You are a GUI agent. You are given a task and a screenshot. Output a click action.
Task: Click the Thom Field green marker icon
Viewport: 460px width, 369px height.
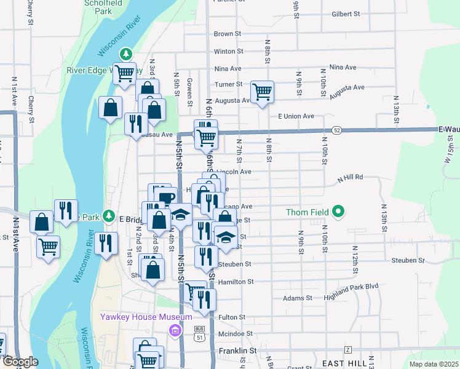(x=338, y=213)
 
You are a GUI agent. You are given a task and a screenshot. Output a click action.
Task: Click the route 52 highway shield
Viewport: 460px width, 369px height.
(x=336, y=130)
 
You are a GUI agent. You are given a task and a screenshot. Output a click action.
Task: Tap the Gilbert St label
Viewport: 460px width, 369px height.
(x=345, y=14)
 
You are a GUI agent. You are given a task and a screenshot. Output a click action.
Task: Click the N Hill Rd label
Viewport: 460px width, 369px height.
(x=350, y=177)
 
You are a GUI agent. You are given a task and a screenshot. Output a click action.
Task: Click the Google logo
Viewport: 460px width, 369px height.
(x=20, y=362)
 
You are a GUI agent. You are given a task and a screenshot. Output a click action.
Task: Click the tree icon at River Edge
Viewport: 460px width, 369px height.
(x=126, y=54)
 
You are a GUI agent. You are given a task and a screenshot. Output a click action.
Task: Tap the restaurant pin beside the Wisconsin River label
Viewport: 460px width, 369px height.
(x=106, y=242)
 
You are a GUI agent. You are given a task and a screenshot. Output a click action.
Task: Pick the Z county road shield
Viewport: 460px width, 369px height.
(x=347, y=349)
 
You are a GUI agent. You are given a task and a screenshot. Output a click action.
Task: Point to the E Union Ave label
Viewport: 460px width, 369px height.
(x=296, y=116)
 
